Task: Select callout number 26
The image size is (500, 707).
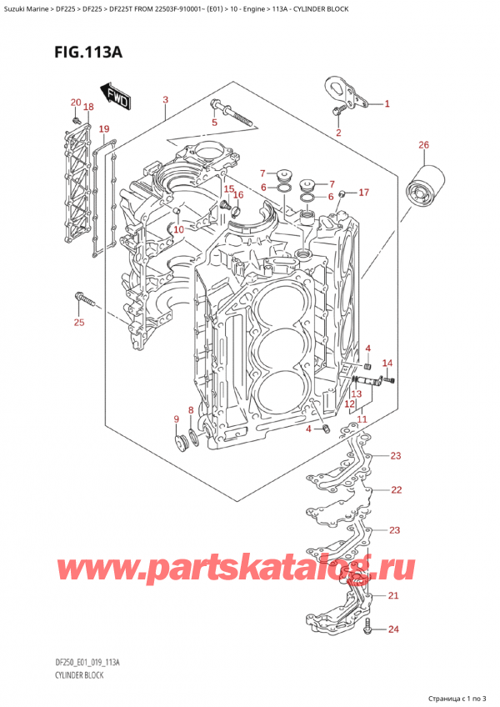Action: coord(423,146)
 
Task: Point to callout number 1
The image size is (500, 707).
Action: coord(387,104)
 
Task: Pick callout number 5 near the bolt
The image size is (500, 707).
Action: coord(213,123)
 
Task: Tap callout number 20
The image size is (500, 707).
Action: coord(76,103)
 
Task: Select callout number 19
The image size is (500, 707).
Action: coord(103,128)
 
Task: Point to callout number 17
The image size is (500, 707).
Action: coord(363,193)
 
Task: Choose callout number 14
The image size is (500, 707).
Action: coord(387,363)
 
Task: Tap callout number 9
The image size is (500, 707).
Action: coord(176,419)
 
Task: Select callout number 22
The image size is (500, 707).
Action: coord(396,489)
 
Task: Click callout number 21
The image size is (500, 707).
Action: coord(393,594)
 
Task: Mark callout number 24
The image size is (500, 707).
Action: coord(393,629)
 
